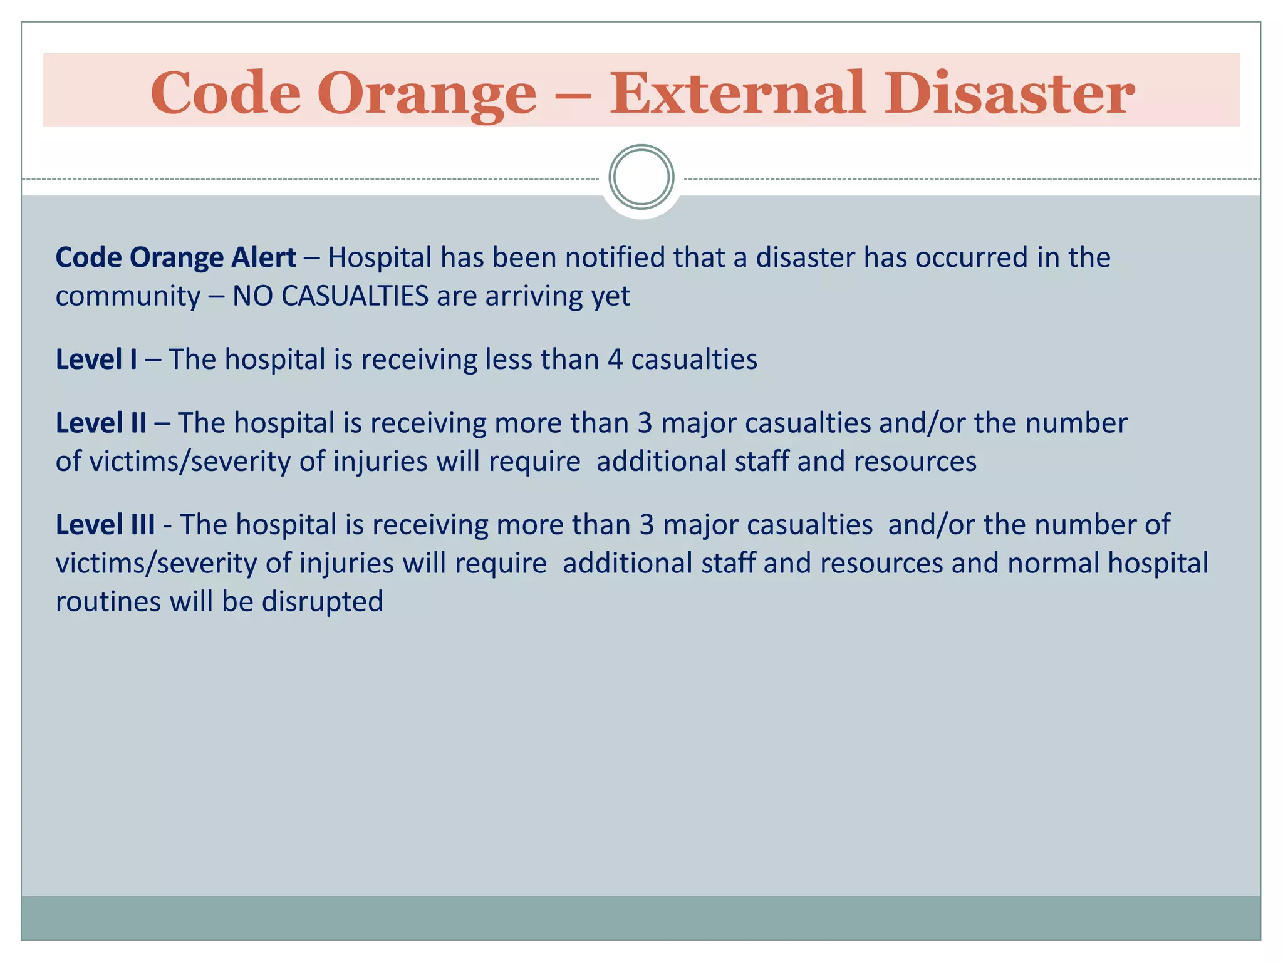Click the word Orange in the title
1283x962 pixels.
coord(427,94)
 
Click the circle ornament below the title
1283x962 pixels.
coord(641,177)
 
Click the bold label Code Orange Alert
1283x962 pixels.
coord(175,257)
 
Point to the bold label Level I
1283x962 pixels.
coord(96,359)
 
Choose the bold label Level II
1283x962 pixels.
coord(101,423)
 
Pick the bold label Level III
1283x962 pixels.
coord(105,525)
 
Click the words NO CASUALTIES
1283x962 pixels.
coord(330,296)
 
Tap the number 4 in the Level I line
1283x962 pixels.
coord(615,359)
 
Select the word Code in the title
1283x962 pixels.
coord(226,94)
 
